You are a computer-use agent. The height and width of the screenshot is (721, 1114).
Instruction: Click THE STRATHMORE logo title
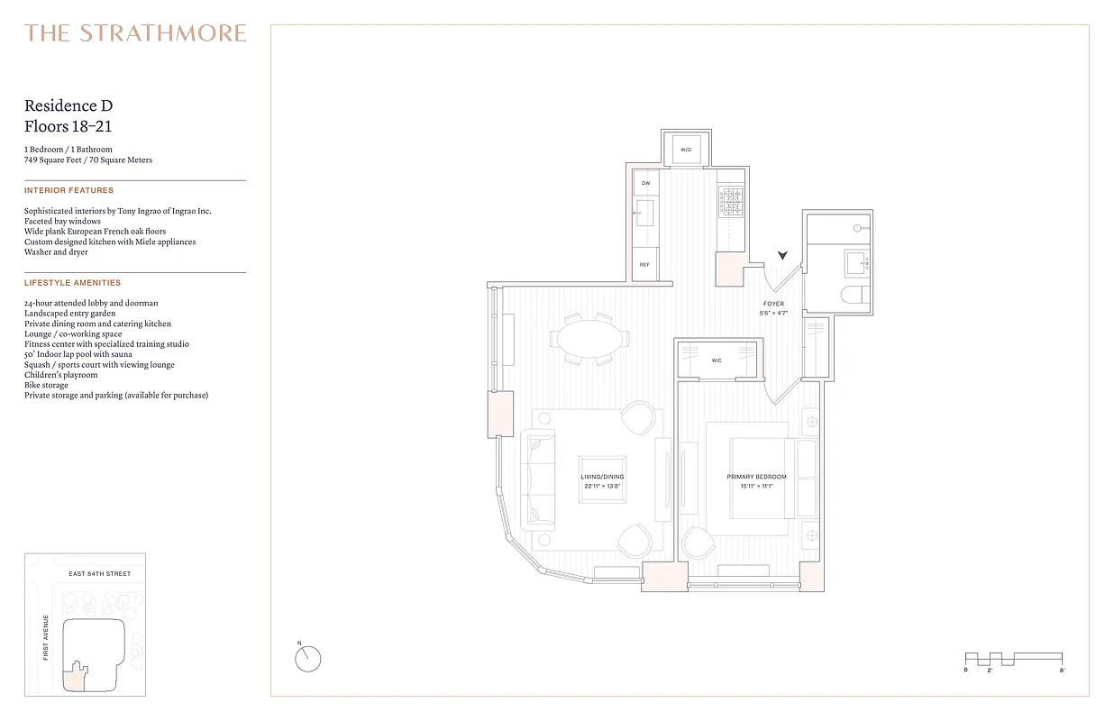(135, 34)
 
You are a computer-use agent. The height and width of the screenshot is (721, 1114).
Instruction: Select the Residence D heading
(68, 106)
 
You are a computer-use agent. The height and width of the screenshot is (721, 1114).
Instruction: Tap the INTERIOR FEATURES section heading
(69, 191)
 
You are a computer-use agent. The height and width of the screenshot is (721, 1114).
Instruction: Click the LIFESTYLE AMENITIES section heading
(72, 283)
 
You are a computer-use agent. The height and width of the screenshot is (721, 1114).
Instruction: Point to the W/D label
(686, 149)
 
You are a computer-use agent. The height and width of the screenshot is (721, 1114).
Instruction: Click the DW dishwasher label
(645, 183)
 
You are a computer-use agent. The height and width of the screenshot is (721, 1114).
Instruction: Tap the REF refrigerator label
(645, 265)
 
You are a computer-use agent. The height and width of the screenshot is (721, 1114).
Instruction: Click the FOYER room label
(773, 304)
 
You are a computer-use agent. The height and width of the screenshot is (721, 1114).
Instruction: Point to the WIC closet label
(717, 360)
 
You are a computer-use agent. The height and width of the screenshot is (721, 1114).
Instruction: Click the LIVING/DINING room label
(602, 477)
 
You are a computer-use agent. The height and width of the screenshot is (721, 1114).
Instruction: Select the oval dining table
(589, 340)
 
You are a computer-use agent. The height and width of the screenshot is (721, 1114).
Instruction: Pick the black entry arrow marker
(783, 258)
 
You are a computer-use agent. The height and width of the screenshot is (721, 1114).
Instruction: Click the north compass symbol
(307, 659)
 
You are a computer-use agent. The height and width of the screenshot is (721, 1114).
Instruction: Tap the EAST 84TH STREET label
(100, 574)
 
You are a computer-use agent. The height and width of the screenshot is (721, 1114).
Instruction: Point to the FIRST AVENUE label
(46, 637)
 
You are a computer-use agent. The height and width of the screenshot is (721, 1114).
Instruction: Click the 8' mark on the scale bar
(1063, 671)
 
